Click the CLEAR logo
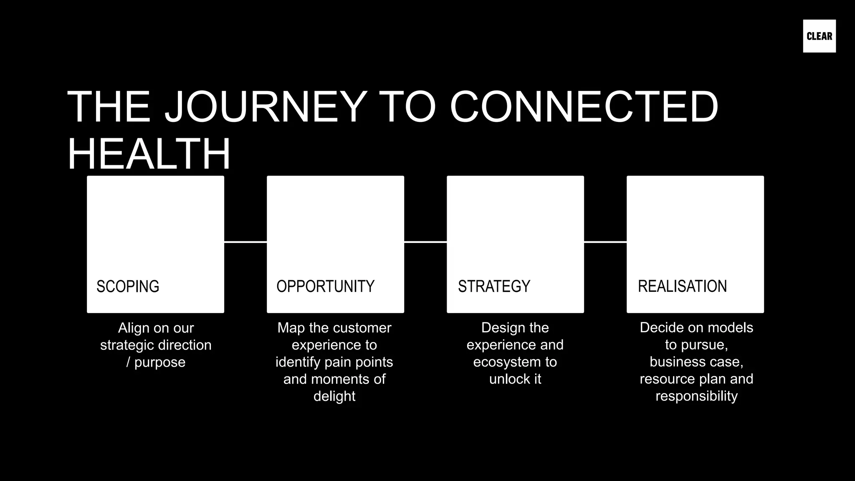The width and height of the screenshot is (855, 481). click(819, 36)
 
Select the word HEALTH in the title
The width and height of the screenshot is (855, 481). click(149, 154)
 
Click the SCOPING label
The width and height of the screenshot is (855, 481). click(128, 286)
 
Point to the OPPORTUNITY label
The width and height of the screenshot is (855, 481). click(325, 286)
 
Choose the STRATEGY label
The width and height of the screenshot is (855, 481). click(494, 286)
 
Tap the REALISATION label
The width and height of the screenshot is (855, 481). click(682, 286)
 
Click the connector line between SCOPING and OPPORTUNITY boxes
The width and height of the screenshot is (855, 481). click(245, 242)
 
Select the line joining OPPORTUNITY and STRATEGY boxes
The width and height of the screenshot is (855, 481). click(425, 242)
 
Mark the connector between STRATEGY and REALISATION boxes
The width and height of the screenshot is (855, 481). click(605, 242)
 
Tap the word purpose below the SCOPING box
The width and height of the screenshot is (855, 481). click(160, 362)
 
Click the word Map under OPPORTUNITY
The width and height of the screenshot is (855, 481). click(291, 328)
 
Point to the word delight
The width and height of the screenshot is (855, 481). click(334, 396)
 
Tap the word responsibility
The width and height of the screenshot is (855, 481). click(696, 396)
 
